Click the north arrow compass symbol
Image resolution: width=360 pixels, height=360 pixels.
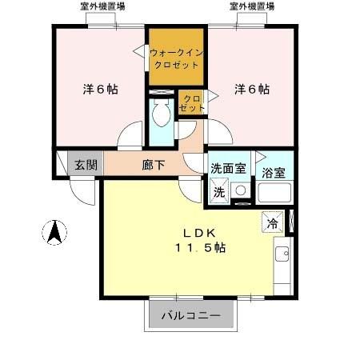(54, 232)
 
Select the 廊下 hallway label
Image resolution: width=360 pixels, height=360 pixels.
(154, 166)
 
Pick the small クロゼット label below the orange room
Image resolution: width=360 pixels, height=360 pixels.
(191, 102)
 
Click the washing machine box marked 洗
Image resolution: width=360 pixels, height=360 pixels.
(218, 192)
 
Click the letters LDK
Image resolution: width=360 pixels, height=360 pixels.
(199, 233)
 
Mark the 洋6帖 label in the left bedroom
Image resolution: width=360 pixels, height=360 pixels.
(101, 89)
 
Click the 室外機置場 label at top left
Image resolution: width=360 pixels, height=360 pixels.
(102, 6)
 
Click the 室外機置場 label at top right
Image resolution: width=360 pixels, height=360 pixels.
(252, 6)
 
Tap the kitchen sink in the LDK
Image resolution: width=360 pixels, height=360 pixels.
(282, 255)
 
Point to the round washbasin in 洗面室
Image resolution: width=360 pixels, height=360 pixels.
(241, 191)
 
